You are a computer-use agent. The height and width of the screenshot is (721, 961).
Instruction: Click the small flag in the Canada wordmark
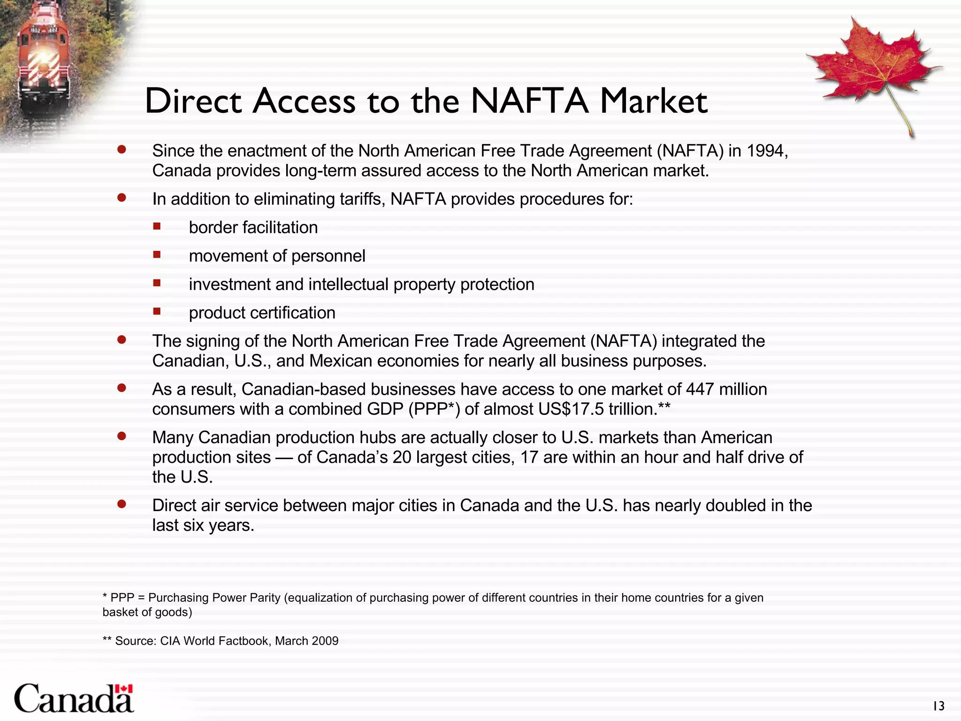pyautogui.click(x=124, y=689)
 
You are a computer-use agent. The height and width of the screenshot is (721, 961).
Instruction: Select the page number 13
pyautogui.click(x=938, y=706)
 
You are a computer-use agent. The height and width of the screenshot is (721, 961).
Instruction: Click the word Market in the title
pyautogui.click(x=654, y=101)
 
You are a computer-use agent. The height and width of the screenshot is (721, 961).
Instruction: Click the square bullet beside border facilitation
pyautogui.click(x=157, y=227)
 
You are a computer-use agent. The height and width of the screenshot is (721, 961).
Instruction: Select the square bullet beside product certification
pyautogui.click(x=157, y=312)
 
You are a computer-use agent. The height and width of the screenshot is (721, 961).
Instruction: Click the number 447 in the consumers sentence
pyautogui.click(x=700, y=389)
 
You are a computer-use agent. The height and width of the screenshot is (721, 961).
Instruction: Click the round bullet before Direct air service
pyautogui.click(x=122, y=504)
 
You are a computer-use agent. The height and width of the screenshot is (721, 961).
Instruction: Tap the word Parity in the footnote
pyautogui.click(x=265, y=598)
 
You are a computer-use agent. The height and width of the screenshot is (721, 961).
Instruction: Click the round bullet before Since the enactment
pyautogui.click(x=122, y=150)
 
